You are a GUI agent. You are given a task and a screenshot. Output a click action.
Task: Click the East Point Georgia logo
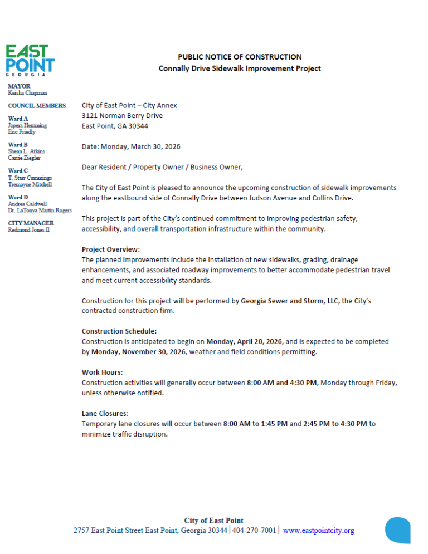click(x=30, y=60)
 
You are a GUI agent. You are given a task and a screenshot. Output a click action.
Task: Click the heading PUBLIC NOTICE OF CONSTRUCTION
click(x=240, y=57)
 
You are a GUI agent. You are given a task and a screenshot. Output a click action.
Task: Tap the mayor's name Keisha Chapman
click(x=27, y=93)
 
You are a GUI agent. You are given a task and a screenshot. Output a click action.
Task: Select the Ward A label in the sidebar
click(x=18, y=119)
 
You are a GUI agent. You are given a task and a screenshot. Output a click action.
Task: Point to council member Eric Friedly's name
click(x=22, y=132)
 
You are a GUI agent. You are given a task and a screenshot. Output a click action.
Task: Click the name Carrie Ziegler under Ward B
click(x=24, y=158)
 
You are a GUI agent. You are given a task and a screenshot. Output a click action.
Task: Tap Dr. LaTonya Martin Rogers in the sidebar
click(x=40, y=210)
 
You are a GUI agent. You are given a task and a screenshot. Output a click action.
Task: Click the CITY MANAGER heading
click(x=31, y=223)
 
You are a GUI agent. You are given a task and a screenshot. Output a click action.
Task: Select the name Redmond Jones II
click(x=28, y=230)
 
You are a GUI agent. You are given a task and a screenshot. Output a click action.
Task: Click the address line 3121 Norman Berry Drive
click(x=122, y=116)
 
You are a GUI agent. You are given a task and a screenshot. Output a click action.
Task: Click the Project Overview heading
click(x=111, y=249)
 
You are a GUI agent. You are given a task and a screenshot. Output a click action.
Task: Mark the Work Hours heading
click(x=103, y=372)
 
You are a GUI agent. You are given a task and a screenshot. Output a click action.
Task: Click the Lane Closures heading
click(x=105, y=413)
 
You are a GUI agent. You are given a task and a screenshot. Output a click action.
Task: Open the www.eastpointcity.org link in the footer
click(x=318, y=531)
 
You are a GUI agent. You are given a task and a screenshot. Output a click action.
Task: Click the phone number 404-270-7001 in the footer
click(x=254, y=531)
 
